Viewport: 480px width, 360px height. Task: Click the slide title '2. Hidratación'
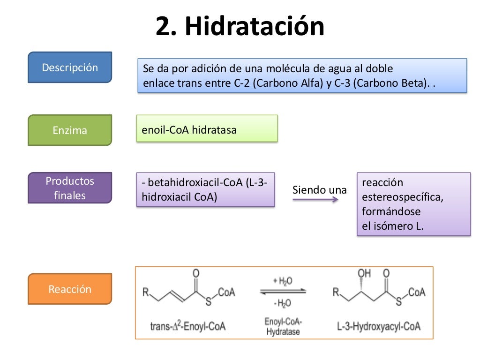(x=240, y=27)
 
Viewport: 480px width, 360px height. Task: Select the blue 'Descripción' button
(x=70, y=67)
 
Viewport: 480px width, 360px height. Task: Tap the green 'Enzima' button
(x=70, y=130)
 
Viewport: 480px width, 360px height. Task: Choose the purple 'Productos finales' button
(x=70, y=188)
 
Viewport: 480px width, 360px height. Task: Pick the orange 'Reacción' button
(x=70, y=289)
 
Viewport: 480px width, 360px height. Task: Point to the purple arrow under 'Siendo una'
(x=315, y=200)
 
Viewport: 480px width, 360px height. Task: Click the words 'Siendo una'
(x=320, y=190)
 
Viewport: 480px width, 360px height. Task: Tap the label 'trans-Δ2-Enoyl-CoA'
(x=187, y=325)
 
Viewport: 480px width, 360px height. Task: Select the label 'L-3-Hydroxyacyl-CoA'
(x=379, y=325)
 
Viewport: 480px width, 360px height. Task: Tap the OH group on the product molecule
(x=364, y=273)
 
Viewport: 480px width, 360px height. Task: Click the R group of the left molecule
(x=146, y=293)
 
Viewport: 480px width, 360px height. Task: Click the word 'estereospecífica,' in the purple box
(x=403, y=197)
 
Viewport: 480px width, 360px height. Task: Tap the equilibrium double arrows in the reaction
(x=283, y=292)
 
